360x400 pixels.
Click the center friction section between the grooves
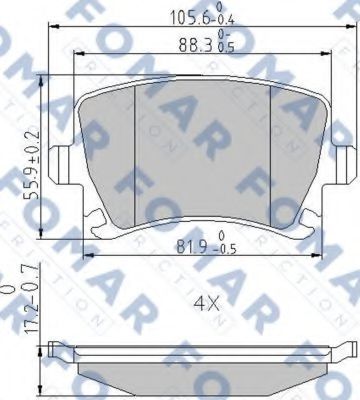point(203,150)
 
